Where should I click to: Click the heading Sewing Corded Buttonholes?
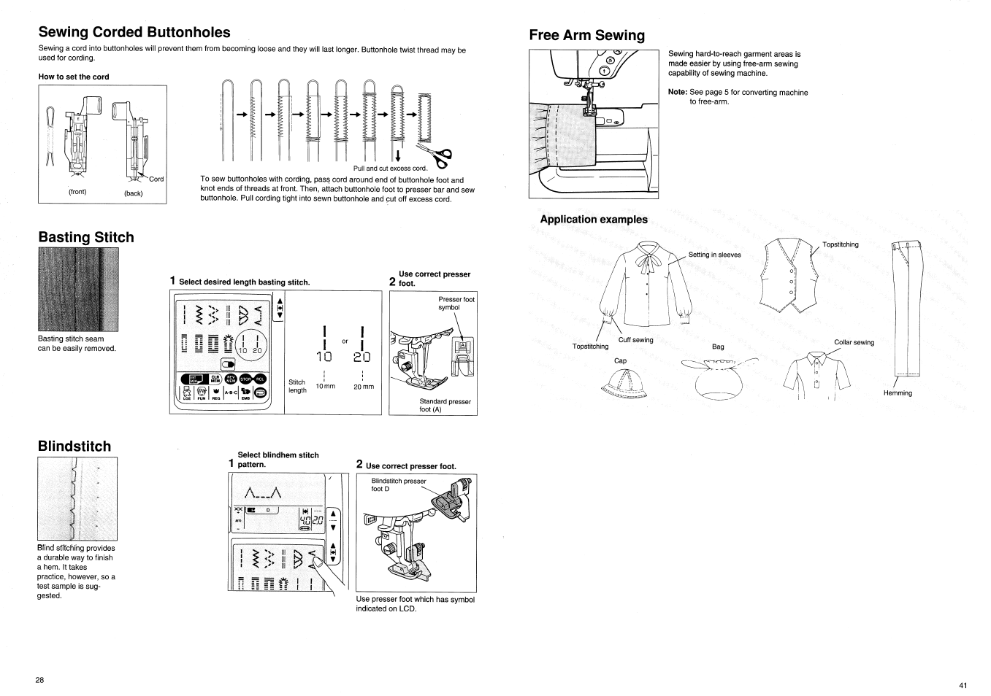click(134, 32)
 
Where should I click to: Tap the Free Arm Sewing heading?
click(586, 36)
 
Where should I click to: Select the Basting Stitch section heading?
click(85, 237)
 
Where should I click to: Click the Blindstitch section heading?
click(74, 446)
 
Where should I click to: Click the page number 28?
click(39, 680)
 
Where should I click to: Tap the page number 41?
click(963, 685)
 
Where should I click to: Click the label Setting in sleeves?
click(714, 255)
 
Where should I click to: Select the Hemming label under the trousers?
click(898, 393)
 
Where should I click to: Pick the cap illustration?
click(621, 382)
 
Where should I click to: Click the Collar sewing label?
click(854, 342)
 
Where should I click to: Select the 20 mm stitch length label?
click(363, 387)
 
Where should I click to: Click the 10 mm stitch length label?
click(325, 386)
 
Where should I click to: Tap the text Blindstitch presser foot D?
click(398, 484)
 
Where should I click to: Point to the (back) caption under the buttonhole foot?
click(134, 193)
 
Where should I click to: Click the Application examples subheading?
click(593, 220)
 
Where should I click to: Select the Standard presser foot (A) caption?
click(445, 406)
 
